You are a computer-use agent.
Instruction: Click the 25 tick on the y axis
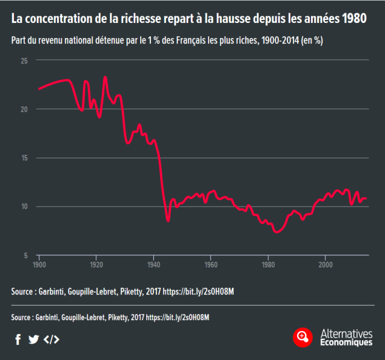[x=23, y=61]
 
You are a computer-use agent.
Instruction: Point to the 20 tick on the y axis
[x=23, y=109]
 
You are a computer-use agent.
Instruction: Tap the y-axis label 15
[x=23, y=158]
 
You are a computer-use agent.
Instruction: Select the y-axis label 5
[x=25, y=255]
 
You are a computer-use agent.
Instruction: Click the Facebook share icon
[x=18, y=339]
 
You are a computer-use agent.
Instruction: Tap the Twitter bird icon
[x=34, y=339]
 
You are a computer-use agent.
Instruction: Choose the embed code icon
[x=52, y=339]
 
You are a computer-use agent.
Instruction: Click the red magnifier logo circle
[x=303, y=337]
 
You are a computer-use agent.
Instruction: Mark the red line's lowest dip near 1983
[x=277, y=232]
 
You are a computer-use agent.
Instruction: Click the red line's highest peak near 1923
[x=105, y=77]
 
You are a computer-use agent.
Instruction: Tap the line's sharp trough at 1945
[x=168, y=221]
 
